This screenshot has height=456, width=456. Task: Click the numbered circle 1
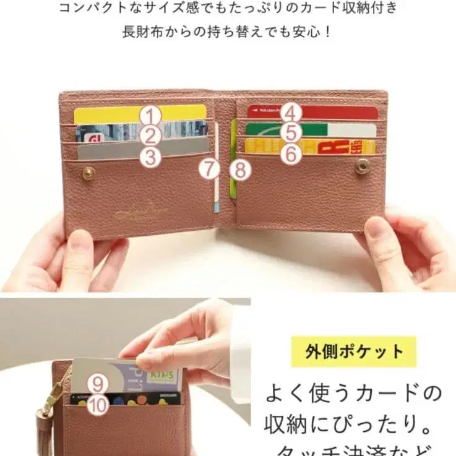(x=150, y=116)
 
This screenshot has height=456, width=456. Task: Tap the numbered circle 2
(x=150, y=136)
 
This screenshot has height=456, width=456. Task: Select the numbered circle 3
(x=150, y=157)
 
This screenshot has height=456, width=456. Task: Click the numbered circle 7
(x=210, y=168)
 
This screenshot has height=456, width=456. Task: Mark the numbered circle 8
(x=240, y=169)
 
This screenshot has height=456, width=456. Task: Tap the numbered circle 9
(x=98, y=384)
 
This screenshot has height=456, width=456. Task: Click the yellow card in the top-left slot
(x=111, y=114)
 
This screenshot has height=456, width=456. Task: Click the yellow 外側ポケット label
(x=353, y=353)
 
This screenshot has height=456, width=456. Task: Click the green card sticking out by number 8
(x=233, y=179)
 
